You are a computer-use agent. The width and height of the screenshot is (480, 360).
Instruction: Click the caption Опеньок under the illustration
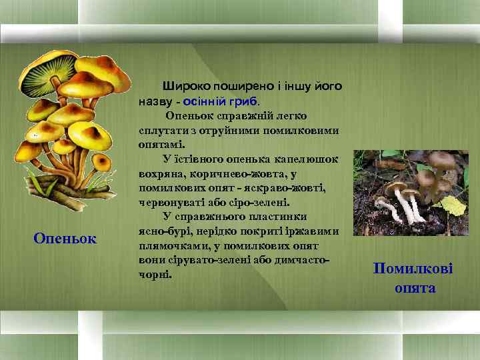65,238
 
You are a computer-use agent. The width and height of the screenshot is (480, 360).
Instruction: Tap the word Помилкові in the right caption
413,269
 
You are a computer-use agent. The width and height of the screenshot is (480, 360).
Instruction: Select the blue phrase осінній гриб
224,100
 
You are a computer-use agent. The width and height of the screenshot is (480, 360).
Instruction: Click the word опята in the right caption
415,288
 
